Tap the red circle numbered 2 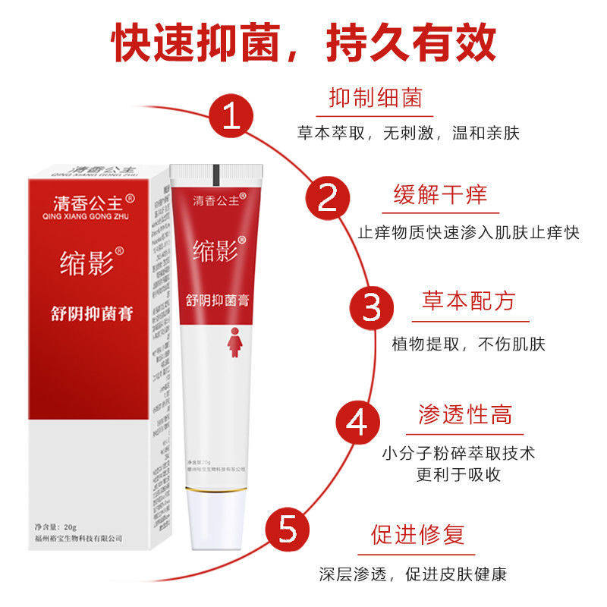point(327,199)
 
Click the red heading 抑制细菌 point(375,98)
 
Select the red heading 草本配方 point(468,300)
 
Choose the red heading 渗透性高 point(464,414)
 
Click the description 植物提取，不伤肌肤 point(468,344)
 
